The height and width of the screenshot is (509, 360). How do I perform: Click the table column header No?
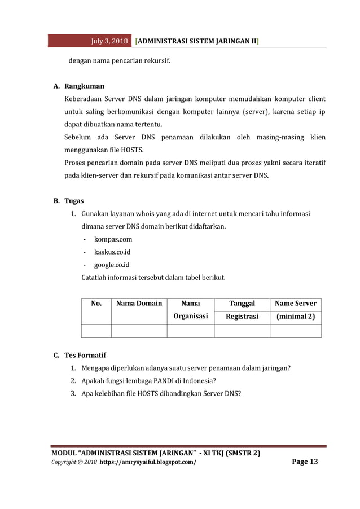96,304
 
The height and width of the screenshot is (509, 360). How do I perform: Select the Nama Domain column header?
139,304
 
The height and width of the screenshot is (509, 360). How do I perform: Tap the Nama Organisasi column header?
190,310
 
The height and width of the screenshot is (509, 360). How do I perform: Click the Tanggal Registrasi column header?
242,310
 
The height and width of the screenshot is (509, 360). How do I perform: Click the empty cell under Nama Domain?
139,331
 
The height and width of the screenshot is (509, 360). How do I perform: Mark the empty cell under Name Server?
295,331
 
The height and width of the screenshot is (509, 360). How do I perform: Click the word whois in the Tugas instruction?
145,214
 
